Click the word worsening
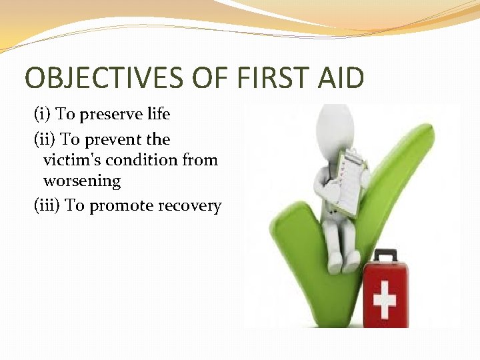click(82, 181)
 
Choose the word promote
click(121, 206)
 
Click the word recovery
click(189, 206)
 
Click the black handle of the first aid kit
click(385, 255)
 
